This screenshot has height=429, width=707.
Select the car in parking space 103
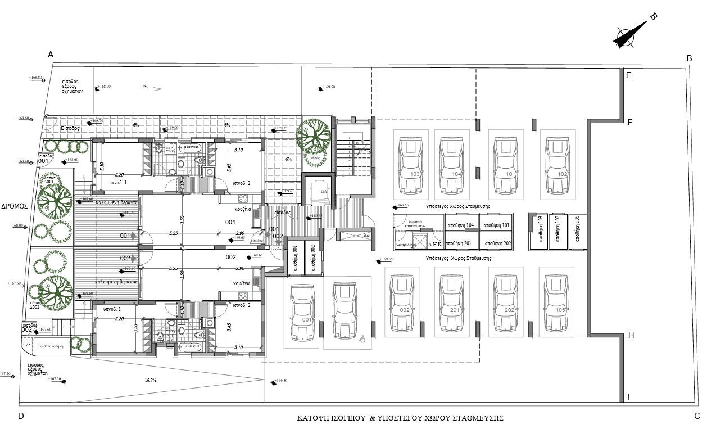[x=411, y=164]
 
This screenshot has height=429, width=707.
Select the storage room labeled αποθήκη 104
[x=460, y=225]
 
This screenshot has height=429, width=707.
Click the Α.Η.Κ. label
[x=436, y=244]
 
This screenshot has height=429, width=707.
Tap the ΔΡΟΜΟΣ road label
[x=15, y=206]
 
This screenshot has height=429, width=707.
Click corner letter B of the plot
[x=689, y=58]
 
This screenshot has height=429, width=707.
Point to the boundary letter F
[x=630, y=121]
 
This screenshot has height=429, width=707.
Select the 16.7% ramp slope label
[x=150, y=381]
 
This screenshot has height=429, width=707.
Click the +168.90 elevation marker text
[x=104, y=87]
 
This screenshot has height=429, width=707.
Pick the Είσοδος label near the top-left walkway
[x=71, y=128]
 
